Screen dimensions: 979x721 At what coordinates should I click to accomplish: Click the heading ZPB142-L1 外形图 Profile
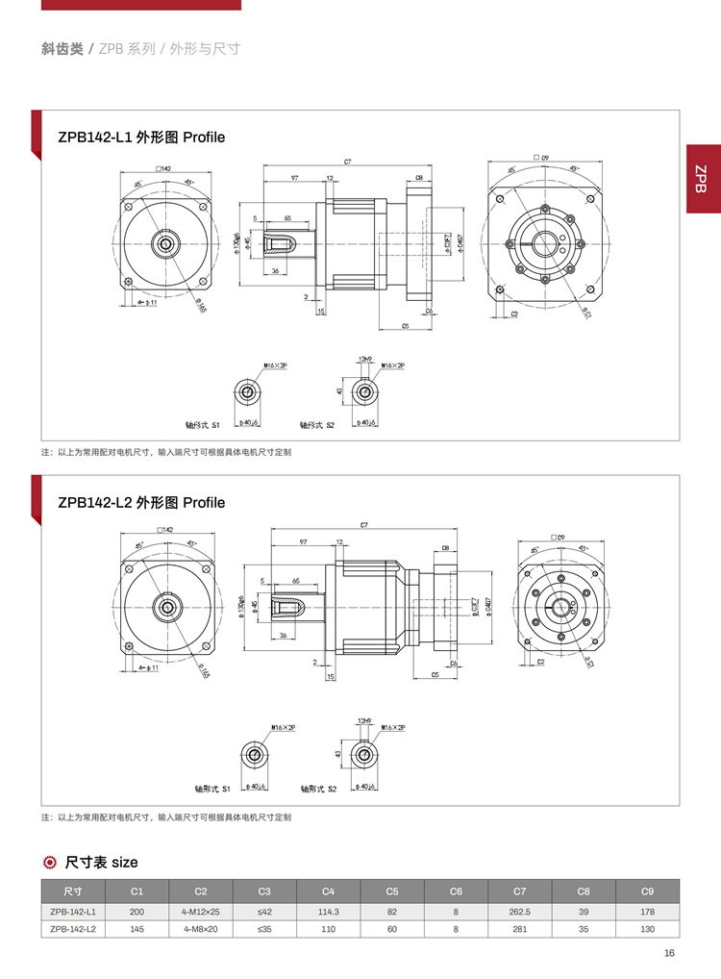(141, 138)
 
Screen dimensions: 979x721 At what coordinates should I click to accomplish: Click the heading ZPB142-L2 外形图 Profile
(141, 503)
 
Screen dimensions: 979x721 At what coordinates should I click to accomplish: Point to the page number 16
(669, 953)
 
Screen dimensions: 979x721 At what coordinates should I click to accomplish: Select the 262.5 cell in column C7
(520, 910)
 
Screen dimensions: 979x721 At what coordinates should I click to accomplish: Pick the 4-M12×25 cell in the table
(201, 910)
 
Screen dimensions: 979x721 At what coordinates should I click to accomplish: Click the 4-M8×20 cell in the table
(201, 928)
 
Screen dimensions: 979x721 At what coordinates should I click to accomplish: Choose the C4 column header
(328, 891)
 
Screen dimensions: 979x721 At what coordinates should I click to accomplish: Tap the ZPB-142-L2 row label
(73, 928)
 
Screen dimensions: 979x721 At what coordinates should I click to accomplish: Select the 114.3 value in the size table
(328, 910)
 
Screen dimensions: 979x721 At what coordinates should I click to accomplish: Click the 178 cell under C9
(647, 910)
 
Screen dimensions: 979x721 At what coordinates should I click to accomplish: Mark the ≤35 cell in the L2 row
(264, 928)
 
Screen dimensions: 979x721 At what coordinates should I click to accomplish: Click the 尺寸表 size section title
(101, 862)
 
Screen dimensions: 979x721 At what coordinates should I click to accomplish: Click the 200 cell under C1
(137, 910)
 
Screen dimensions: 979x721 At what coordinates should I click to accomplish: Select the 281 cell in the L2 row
(520, 928)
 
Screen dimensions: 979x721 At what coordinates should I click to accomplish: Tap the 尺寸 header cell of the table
(73, 891)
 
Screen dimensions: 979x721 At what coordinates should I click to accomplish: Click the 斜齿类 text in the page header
(62, 48)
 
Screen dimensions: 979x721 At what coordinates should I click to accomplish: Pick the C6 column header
(456, 891)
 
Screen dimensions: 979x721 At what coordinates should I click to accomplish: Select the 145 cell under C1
(137, 928)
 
